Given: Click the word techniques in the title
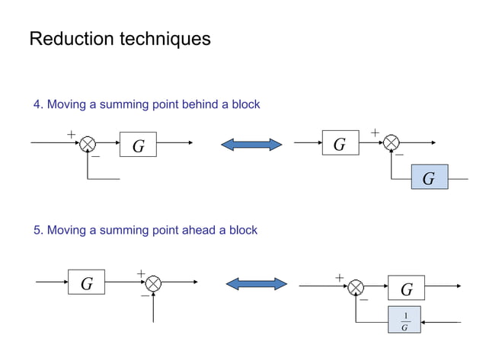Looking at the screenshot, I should tap(165, 39).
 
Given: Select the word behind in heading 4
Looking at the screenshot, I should tap(200, 104).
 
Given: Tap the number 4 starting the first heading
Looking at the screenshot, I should tap(37, 104).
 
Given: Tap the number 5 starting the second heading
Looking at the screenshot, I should tap(37, 230).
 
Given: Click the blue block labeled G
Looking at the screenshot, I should tap(429, 177).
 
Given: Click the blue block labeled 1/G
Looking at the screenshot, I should tap(405, 321).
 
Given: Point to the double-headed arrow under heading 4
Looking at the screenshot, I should tap(251, 144).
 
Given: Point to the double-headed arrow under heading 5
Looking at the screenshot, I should tap(257, 284).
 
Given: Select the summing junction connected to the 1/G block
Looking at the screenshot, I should tap(356, 287).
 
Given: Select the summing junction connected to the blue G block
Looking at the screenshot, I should tap(392, 142).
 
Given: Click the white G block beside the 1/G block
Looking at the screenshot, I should tap(406, 289).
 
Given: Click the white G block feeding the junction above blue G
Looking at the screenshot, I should tap(340, 143).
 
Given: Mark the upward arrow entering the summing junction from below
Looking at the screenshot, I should tap(153, 306).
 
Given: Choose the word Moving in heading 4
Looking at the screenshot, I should tap(67, 104).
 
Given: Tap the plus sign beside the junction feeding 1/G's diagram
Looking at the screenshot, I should tap(340, 278).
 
